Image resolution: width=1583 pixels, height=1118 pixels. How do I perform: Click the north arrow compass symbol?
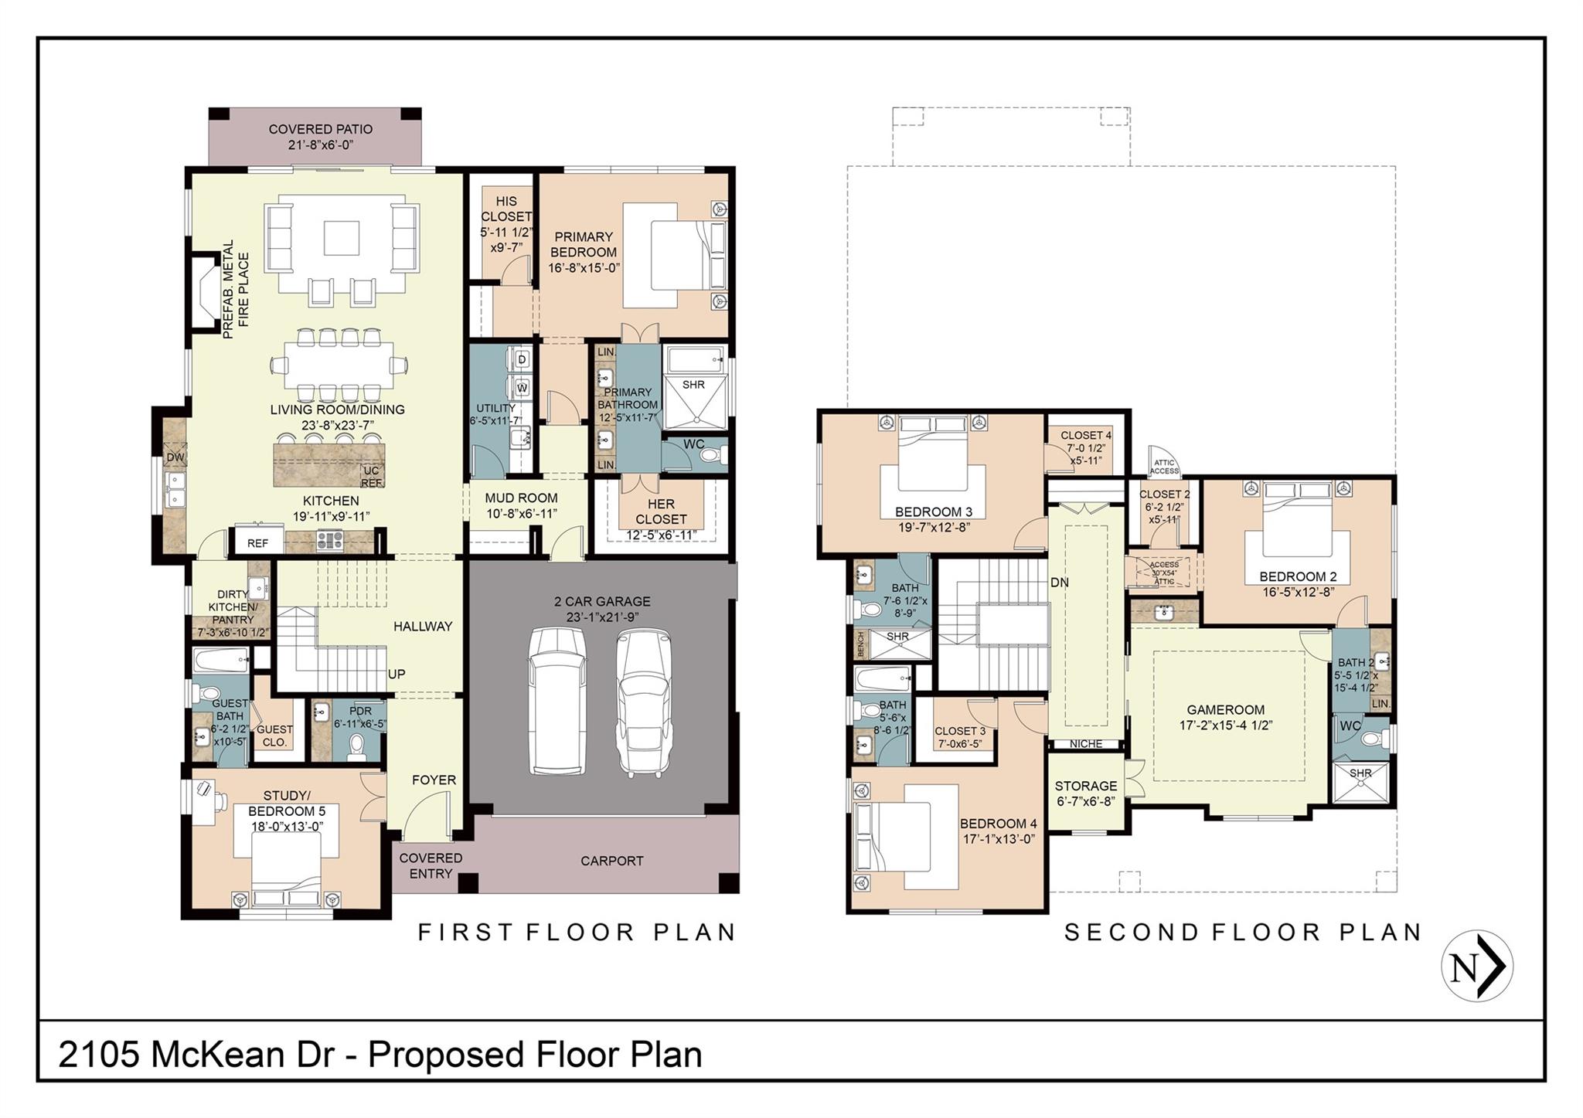click(1477, 967)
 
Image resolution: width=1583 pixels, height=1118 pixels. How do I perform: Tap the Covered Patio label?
click(320, 130)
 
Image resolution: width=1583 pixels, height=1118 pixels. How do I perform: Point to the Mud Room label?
click(521, 498)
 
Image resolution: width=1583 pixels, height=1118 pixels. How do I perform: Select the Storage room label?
click(1086, 786)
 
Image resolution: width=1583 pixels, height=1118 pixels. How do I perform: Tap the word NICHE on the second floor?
click(1086, 744)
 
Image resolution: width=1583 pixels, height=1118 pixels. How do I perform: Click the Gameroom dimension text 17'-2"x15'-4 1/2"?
click(1226, 726)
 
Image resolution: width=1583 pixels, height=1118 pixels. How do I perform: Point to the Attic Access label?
click(1164, 467)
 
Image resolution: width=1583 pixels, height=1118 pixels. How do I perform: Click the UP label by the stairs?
click(397, 674)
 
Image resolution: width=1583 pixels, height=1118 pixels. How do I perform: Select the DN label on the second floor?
click(1059, 583)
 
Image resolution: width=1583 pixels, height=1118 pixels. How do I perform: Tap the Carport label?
click(611, 861)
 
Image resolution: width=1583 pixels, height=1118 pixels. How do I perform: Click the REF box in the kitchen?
click(258, 543)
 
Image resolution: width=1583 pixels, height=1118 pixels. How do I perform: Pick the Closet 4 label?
click(1085, 436)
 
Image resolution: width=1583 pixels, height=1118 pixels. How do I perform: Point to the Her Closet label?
click(661, 511)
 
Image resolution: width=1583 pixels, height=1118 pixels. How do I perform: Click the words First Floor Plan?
click(577, 933)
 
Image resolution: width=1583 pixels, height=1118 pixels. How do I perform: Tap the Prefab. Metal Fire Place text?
click(236, 289)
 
